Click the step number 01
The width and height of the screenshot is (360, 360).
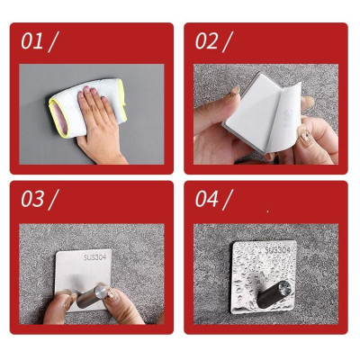point(31,40)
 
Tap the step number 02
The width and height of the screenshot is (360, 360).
point(206,40)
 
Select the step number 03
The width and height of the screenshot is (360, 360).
point(32,199)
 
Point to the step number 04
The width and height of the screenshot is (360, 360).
point(207,199)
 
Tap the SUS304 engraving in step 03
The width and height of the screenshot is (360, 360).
point(94,256)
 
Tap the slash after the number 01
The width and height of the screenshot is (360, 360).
point(53,40)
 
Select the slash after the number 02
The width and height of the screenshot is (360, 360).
point(228,40)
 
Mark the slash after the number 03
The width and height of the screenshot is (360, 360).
point(54,199)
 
